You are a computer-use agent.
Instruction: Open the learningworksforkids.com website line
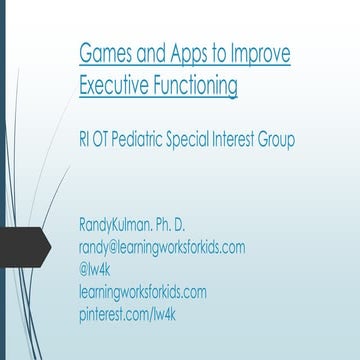pos(143,291)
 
